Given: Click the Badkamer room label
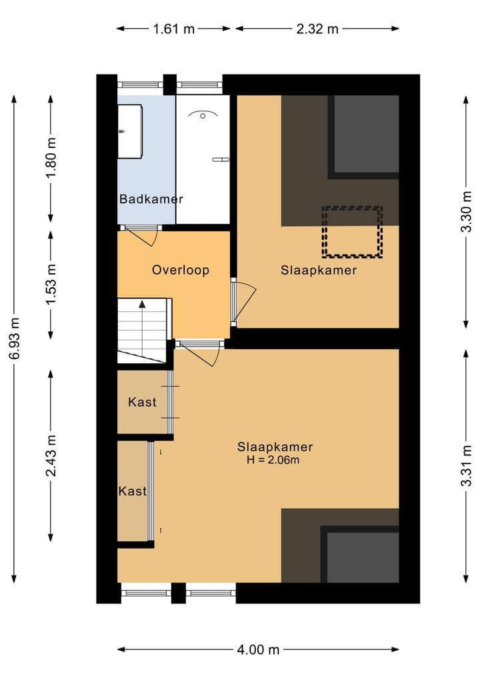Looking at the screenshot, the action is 151,199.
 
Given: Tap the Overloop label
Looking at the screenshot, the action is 181,270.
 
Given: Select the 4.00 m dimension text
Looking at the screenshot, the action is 258,649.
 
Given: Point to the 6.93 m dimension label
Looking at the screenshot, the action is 14,339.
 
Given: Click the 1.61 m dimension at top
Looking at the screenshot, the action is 174,29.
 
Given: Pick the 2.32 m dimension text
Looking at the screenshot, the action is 317,29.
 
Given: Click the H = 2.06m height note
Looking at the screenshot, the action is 273,459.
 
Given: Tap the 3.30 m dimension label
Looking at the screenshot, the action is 466,211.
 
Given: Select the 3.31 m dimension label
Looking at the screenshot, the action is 466,466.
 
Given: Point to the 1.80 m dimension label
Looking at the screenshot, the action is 51,157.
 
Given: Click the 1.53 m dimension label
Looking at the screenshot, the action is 51,283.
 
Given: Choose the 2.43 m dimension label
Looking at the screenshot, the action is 51,456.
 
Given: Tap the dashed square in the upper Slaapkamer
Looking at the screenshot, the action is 352,232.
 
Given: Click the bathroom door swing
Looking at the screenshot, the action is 143,237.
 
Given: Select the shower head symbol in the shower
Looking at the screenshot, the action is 203,115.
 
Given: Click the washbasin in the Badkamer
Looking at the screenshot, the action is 130,131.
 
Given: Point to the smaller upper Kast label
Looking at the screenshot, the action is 142,402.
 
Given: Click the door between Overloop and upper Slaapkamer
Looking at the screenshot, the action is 244,301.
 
